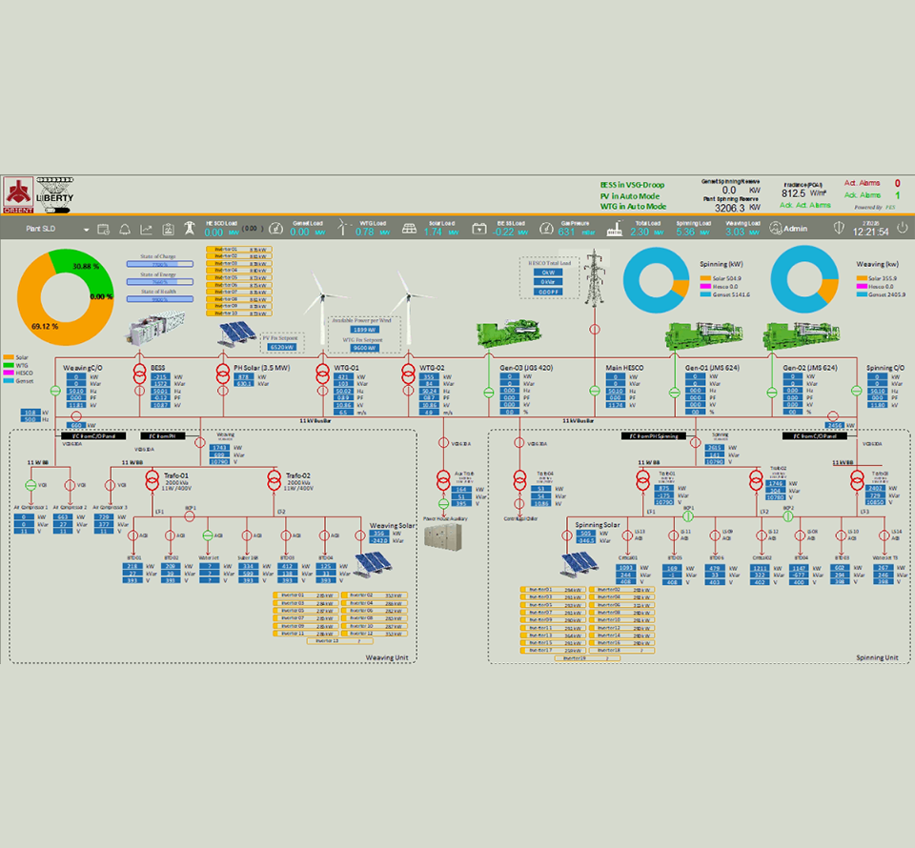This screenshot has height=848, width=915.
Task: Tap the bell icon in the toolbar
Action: [124, 230]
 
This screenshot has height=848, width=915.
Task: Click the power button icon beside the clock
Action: [839, 229]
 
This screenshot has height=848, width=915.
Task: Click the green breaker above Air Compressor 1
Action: [30, 486]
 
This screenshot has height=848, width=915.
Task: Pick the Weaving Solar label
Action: [392, 525]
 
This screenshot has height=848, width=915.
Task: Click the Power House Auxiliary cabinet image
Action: [442, 534]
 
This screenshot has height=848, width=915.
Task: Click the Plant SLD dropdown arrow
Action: [86, 230]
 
